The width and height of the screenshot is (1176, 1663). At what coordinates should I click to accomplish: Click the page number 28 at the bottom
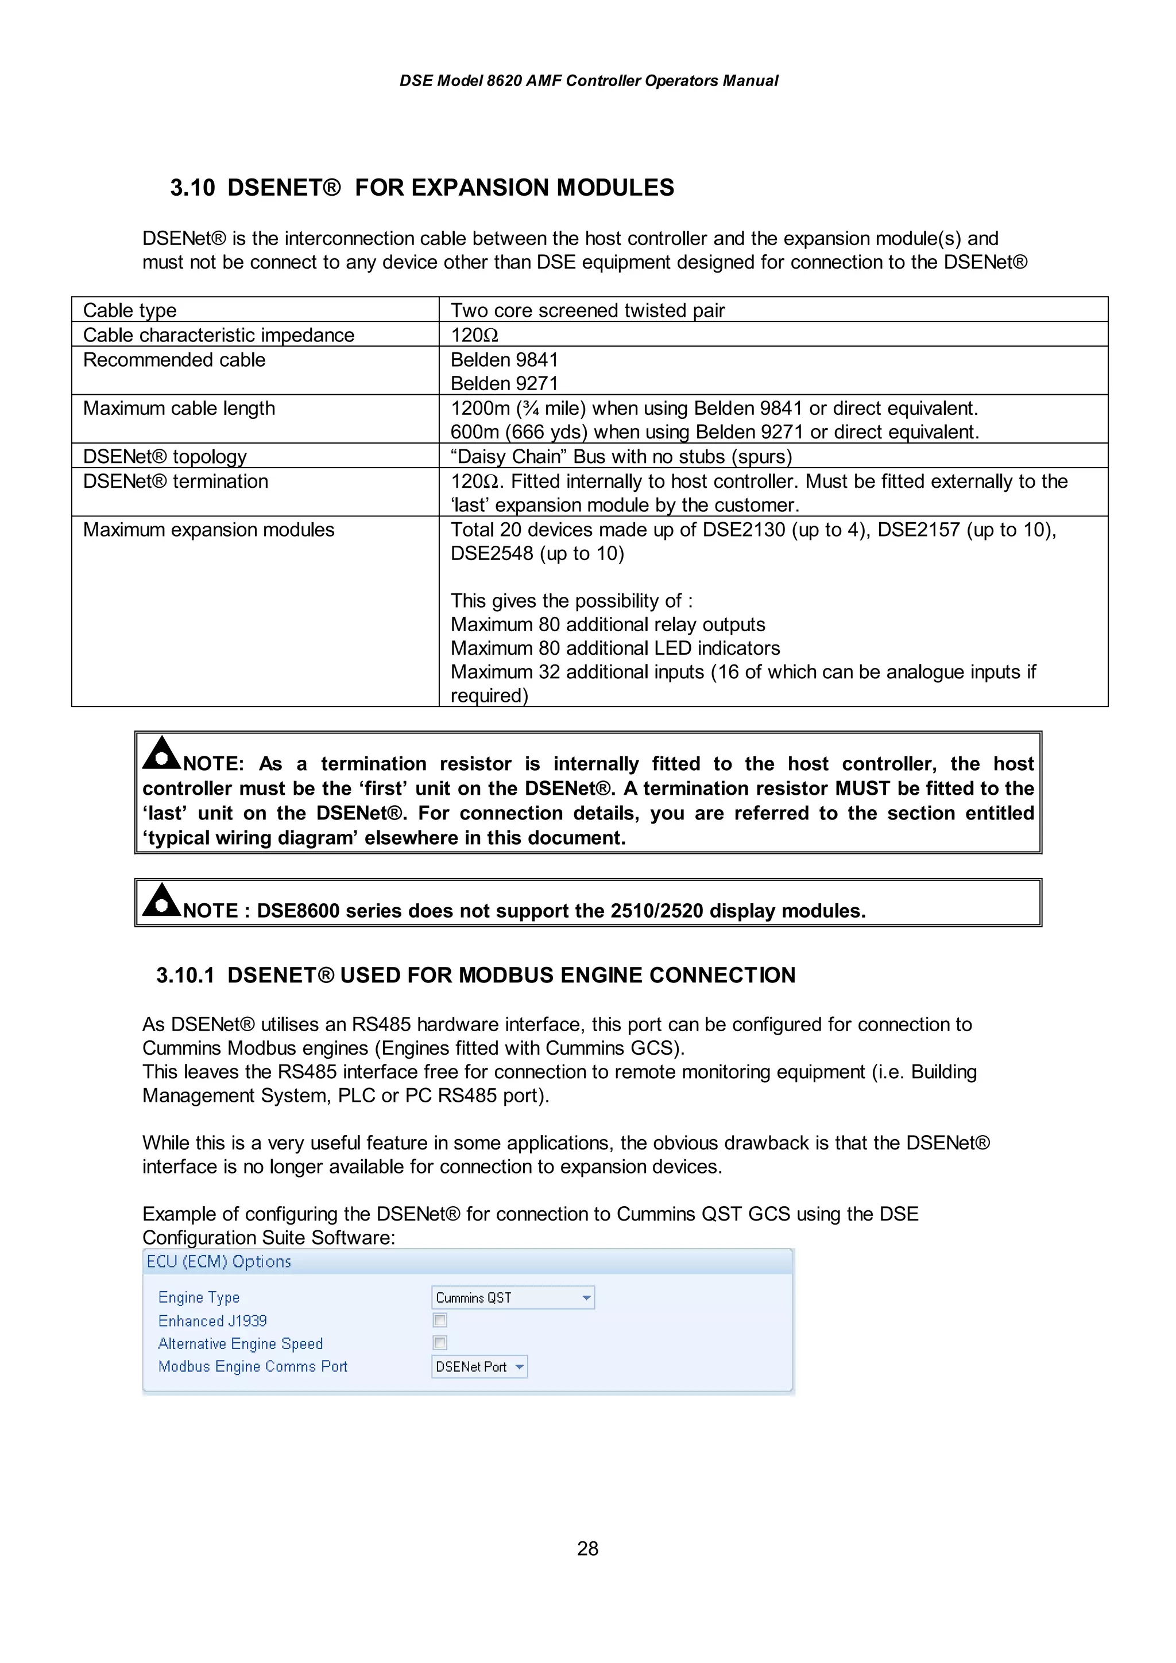tap(587, 1549)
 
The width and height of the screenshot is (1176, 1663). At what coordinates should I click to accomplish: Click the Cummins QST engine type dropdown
tap(512, 1297)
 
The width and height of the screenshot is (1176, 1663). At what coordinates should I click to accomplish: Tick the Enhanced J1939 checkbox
tap(440, 1320)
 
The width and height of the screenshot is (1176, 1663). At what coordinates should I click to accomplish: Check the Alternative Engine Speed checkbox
tap(440, 1342)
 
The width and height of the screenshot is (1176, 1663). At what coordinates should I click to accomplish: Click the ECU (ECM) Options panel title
tap(219, 1262)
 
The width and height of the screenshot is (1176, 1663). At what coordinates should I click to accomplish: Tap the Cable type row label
tap(130, 310)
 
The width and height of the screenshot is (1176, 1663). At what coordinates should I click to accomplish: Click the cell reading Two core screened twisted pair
tap(587, 310)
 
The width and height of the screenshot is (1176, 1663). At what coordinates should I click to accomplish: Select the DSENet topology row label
tap(165, 456)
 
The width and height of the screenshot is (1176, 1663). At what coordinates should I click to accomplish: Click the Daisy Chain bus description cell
tap(621, 456)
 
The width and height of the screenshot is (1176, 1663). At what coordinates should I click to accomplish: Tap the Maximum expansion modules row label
tap(208, 530)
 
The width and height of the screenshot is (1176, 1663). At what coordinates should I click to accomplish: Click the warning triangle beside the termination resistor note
tap(161, 754)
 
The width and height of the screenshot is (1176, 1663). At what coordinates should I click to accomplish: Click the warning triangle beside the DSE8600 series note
tap(161, 901)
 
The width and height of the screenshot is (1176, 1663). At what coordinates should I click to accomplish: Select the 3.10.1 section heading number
tap(185, 975)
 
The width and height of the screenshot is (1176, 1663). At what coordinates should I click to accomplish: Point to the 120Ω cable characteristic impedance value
tap(475, 335)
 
